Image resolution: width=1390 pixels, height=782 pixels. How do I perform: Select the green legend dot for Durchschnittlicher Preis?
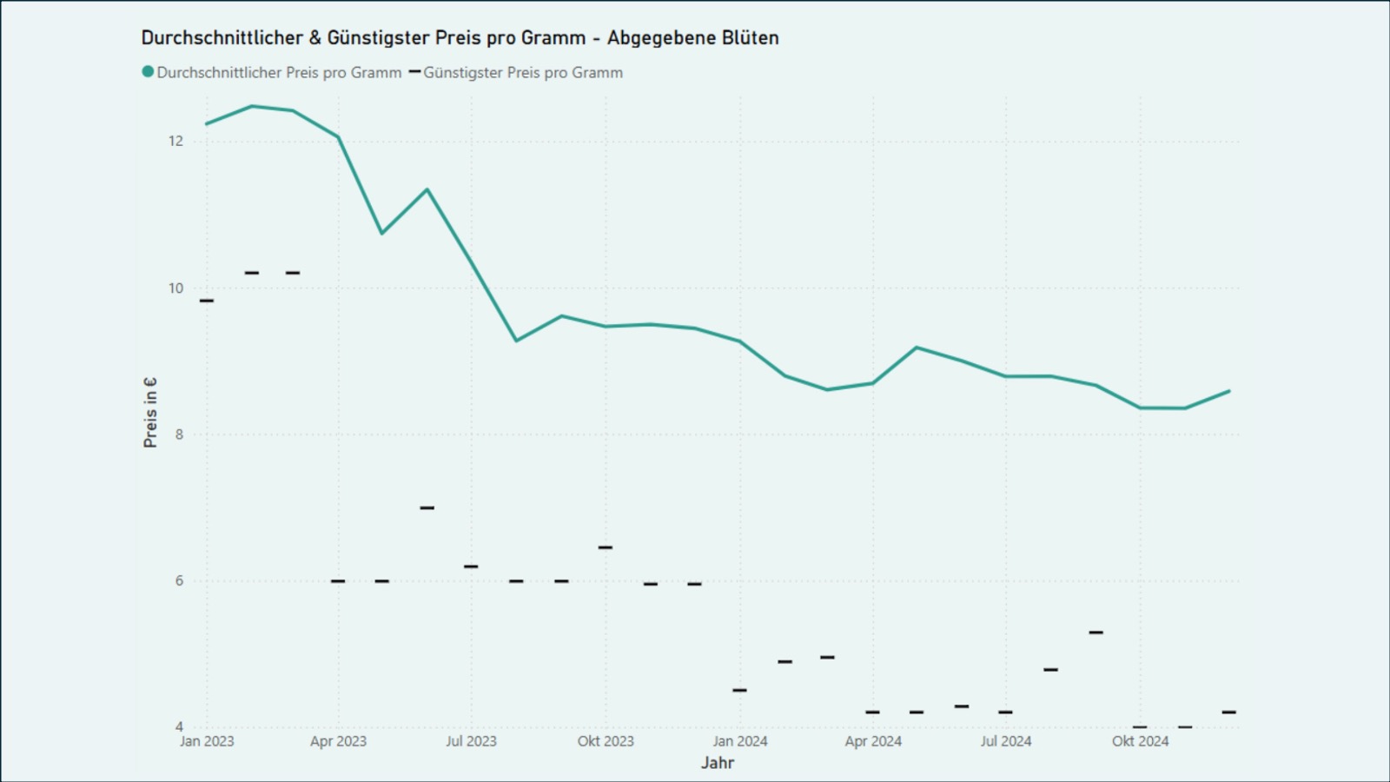[x=148, y=72]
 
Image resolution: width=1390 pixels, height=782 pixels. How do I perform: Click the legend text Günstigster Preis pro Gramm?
[x=523, y=73]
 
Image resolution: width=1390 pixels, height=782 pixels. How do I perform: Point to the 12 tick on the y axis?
[x=176, y=141]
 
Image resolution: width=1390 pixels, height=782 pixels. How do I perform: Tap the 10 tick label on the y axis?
[x=176, y=288]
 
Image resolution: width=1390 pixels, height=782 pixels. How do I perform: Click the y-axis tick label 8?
[x=180, y=434]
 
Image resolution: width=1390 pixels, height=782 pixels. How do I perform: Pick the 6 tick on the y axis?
[x=180, y=580]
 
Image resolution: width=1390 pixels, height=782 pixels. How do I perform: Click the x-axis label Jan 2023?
[x=207, y=741]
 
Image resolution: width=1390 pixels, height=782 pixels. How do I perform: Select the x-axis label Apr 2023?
[x=338, y=741]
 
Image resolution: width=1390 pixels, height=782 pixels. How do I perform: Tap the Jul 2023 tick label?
[x=471, y=741]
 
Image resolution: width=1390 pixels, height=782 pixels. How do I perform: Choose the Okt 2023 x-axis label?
[x=606, y=741]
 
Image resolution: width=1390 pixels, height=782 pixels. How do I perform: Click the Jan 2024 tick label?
[x=740, y=741]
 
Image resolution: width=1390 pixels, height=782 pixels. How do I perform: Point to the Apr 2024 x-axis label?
[x=873, y=741]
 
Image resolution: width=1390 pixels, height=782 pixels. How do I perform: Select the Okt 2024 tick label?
[x=1140, y=741]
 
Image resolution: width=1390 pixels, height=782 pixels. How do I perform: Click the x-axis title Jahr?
[x=718, y=763]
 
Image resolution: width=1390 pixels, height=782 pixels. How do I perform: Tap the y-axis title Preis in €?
[x=150, y=413]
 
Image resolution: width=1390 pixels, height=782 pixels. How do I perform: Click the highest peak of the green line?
[x=252, y=106]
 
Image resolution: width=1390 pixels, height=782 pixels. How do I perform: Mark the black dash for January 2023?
[x=207, y=301]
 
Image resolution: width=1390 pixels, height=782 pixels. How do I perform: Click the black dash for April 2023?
[x=338, y=580]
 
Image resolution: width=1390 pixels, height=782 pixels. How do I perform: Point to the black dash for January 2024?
[x=740, y=690]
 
